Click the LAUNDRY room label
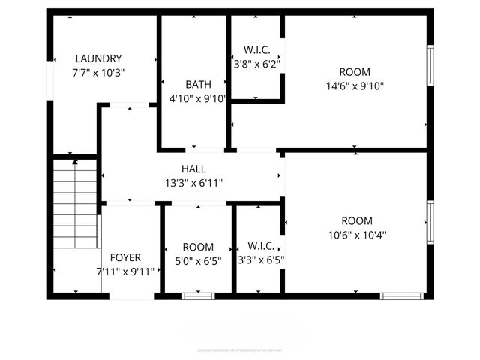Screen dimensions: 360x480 (98, 58)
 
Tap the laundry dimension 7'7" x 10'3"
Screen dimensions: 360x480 (98, 73)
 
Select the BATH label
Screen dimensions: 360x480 (198, 84)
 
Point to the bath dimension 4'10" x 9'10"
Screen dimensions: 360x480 (197, 98)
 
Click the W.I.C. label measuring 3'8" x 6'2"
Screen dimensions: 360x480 (257, 50)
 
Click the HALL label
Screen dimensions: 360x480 (193, 169)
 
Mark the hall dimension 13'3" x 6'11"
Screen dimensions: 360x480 (193, 183)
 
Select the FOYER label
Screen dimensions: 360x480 (125, 257)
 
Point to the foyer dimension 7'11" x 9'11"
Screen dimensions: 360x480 (125, 271)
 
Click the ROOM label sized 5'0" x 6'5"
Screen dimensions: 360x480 (198, 247)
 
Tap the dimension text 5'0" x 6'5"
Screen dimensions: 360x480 (198, 261)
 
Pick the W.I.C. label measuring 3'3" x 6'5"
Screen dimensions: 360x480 (260, 246)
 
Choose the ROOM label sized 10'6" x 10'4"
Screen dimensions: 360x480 (357, 220)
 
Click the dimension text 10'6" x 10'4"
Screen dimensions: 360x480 (357, 234)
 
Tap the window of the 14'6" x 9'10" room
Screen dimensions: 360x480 (430, 66)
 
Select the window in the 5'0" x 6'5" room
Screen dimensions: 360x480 (198, 295)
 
